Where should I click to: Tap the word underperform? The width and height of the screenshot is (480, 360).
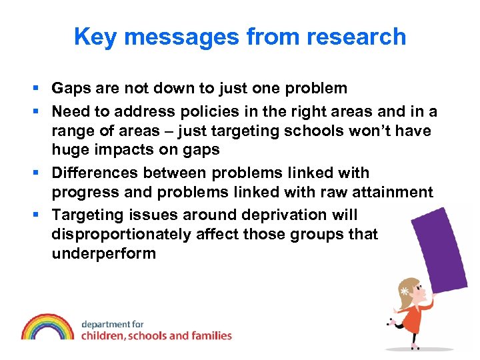[x=103, y=254]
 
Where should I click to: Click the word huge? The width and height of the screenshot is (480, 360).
[x=69, y=150]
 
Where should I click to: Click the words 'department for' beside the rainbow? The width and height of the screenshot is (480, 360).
[x=112, y=324]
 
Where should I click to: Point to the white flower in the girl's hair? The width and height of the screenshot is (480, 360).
[x=404, y=291]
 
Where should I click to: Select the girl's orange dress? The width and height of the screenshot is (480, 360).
[x=412, y=319]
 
